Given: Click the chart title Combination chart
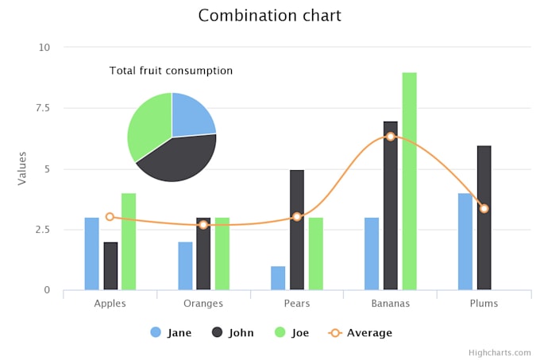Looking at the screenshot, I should click(269, 16).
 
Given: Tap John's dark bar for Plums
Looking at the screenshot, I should click(484, 218).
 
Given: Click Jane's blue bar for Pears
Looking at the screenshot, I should click(278, 278).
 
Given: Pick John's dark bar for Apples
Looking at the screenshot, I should click(110, 266).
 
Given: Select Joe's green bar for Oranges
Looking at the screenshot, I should click(222, 254).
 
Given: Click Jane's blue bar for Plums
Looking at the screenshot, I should click(465, 242).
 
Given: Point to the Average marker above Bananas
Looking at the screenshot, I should click(391, 137).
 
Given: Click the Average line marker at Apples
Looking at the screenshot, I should click(110, 216).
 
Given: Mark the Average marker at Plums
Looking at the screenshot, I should click(484, 208).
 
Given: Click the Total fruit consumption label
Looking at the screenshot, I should click(171, 71).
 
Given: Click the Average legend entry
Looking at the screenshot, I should click(361, 333).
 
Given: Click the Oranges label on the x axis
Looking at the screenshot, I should click(203, 304).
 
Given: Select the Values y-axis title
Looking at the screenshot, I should click(22, 168).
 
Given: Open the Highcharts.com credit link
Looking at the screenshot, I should click(499, 352).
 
